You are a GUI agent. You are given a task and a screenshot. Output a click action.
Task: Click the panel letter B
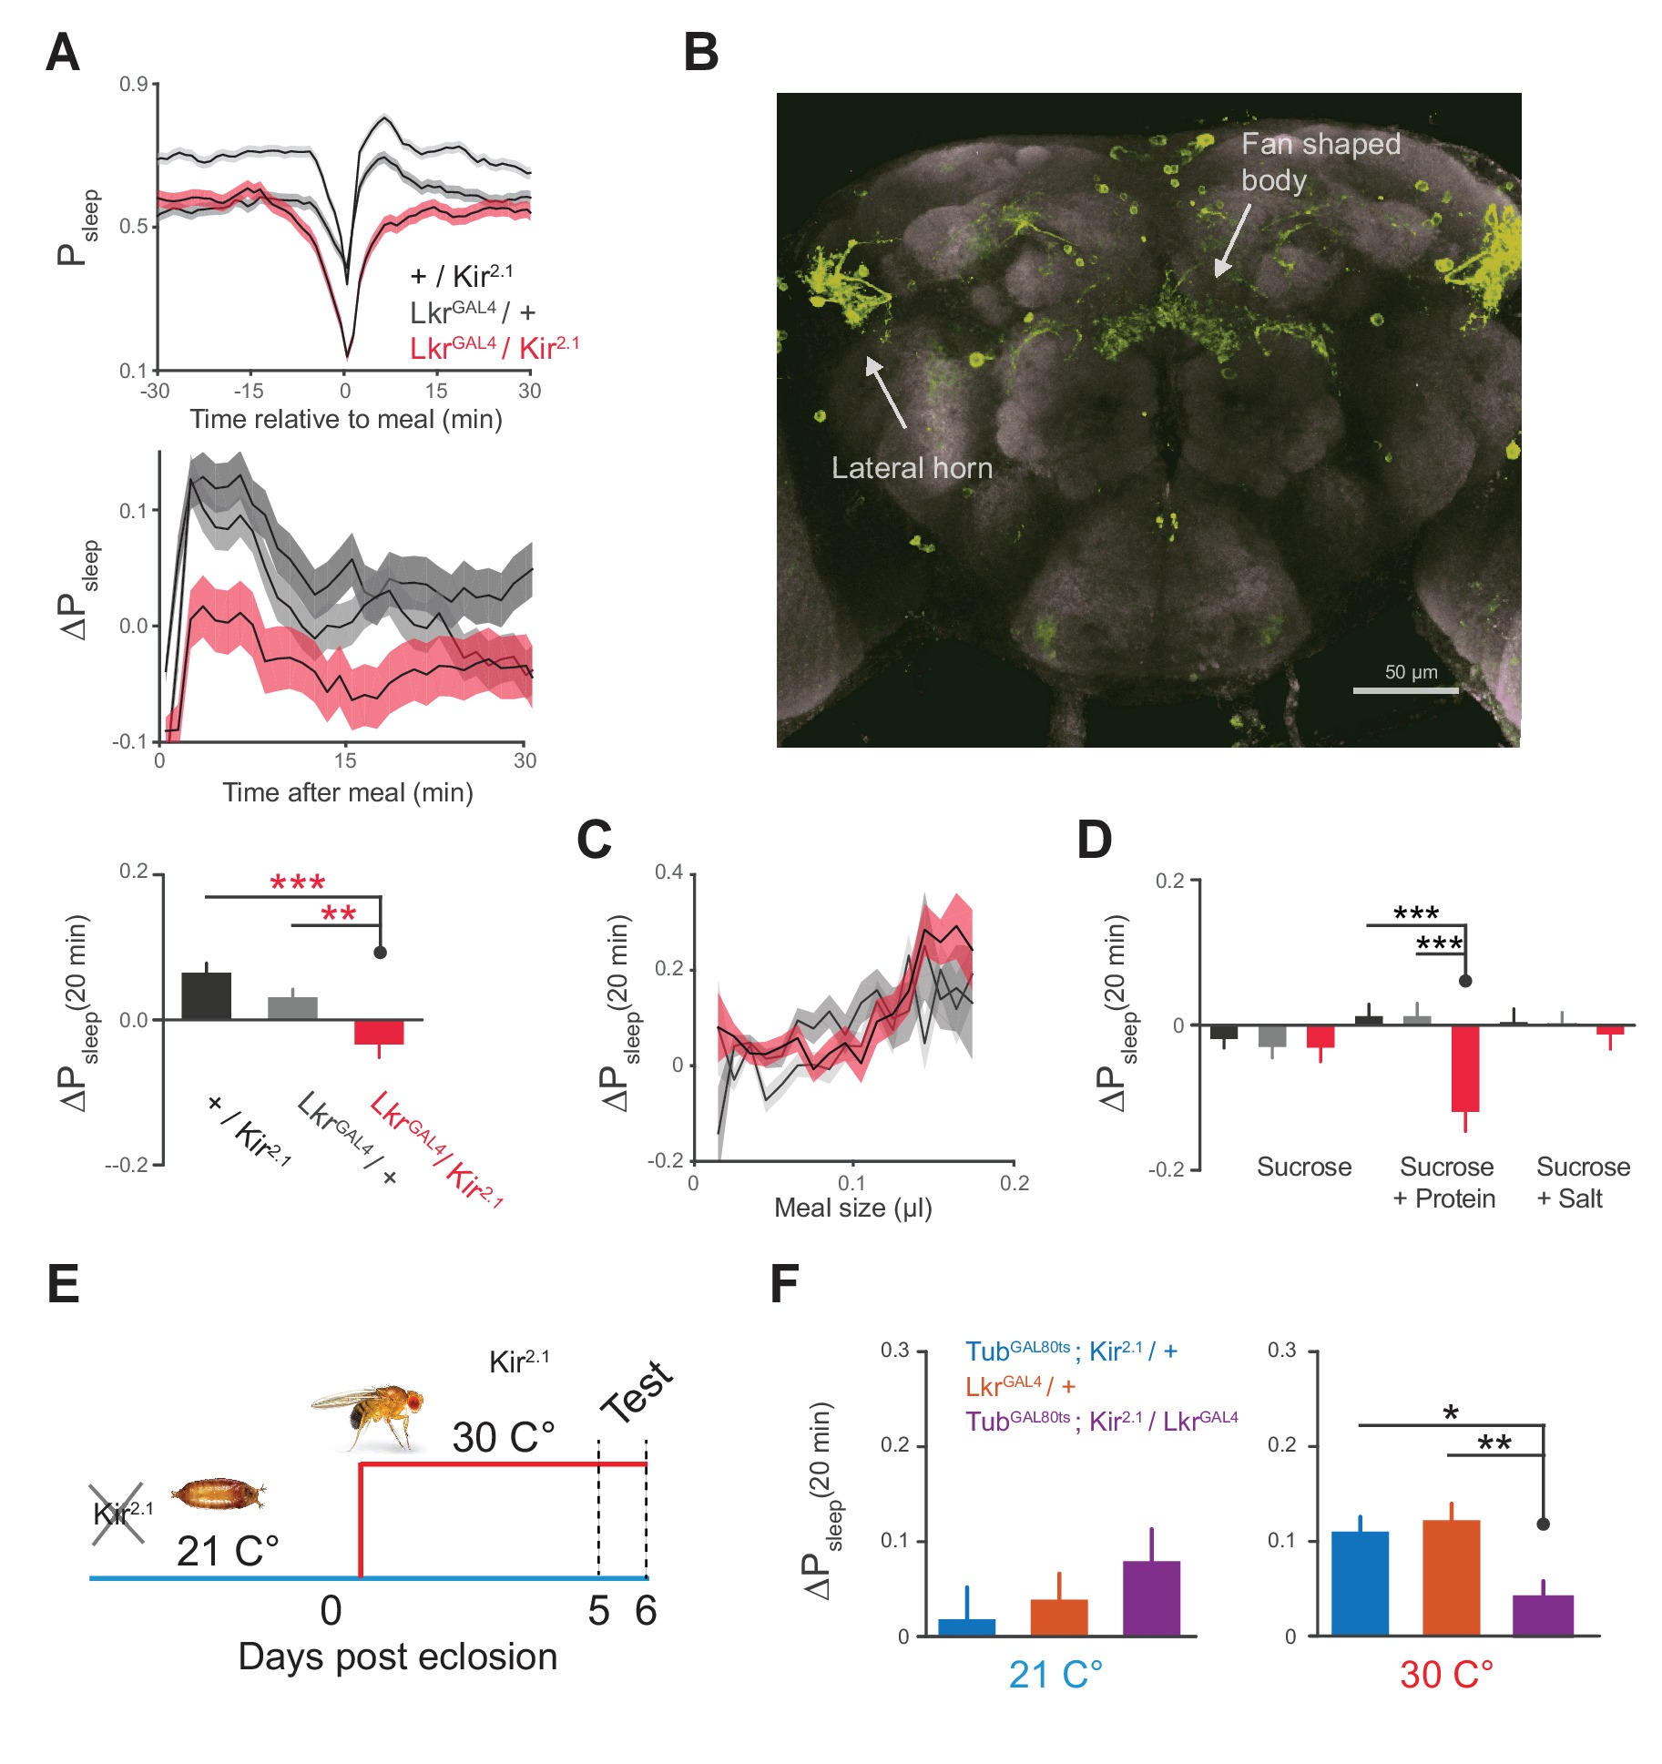(x=700, y=53)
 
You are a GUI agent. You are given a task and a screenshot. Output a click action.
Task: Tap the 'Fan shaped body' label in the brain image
(x=1320, y=161)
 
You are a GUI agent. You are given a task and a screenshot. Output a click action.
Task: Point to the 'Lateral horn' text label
(x=912, y=468)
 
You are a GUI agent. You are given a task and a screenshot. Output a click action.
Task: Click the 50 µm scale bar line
(x=1405, y=690)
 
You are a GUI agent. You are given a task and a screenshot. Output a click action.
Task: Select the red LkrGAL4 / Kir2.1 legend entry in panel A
(x=494, y=348)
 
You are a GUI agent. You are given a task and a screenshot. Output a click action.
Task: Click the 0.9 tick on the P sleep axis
(x=133, y=85)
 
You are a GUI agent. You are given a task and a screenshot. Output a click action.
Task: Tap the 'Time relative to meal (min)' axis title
(x=345, y=419)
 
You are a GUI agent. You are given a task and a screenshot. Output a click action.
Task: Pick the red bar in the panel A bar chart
(x=379, y=1032)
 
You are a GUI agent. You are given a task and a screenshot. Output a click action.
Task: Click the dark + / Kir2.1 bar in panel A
(x=207, y=995)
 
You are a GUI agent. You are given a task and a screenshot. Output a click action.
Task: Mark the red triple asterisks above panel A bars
(x=297, y=882)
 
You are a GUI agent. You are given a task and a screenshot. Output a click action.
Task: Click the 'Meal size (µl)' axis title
(x=852, y=1208)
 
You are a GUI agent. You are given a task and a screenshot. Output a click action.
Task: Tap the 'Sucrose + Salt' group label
(x=1582, y=1182)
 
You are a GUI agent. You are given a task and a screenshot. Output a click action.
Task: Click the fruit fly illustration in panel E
(x=369, y=1414)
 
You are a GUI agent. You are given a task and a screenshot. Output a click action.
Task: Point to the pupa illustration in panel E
(x=219, y=1493)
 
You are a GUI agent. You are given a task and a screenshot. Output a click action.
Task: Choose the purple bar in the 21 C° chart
(x=1151, y=1597)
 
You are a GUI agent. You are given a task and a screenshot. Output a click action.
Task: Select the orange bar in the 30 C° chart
(x=1451, y=1577)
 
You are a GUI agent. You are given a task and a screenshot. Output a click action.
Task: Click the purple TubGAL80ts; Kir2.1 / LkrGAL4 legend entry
(x=1101, y=1422)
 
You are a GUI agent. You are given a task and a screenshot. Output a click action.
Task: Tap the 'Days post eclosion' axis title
(x=397, y=1657)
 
